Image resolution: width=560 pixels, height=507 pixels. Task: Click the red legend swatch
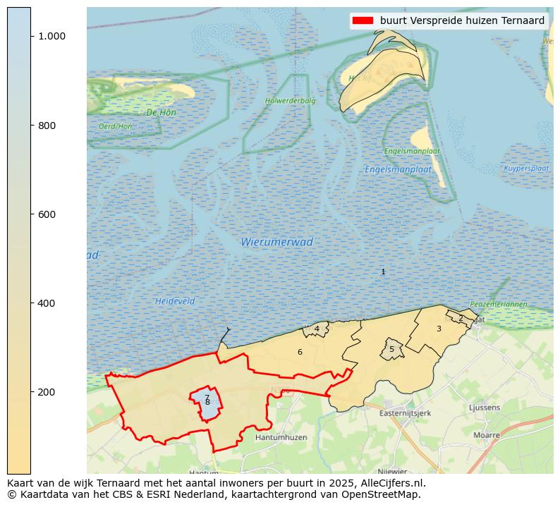[x=363, y=21]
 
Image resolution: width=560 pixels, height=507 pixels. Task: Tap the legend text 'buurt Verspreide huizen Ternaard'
[x=462, y=21]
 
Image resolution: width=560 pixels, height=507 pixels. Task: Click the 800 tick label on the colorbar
[x=47, y=126]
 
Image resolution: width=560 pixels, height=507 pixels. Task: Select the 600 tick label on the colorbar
[x=47, y=214]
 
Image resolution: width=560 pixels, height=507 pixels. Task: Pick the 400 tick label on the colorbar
[x=47, y=303]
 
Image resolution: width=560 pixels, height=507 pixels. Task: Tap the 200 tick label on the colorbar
[x=47, y=392]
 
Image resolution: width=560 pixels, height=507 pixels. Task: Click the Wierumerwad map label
[x=276, y=242]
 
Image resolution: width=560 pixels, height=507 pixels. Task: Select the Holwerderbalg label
[x=291, y=101]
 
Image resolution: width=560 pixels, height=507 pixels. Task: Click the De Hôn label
[x=161, y=112]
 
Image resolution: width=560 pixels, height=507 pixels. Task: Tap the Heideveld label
[x=174, y=301]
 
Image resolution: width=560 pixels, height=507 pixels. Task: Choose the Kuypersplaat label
[x=526, y=169]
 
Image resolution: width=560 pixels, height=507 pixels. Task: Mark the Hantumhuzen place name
[x=281, y=437]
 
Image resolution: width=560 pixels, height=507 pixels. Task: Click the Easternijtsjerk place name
[x=405, y=413]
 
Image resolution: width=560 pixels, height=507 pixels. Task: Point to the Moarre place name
[x=486, y=435]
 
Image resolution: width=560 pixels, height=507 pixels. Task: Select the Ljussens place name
[x=485, y=408]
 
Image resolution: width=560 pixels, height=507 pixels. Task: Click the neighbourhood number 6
[x=300, y=352]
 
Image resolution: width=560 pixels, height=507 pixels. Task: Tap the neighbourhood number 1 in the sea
[x=383, y=271]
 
